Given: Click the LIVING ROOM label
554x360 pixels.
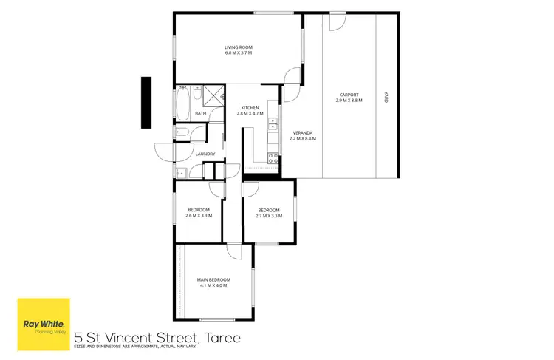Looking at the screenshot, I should coord(239,48).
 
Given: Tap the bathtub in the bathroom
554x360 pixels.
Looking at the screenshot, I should coord(182,103).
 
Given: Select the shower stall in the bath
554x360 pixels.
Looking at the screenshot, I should coord(215,96).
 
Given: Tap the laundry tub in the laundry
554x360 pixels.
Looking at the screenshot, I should coord(180,173).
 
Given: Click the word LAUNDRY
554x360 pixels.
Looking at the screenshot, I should coord(205,154).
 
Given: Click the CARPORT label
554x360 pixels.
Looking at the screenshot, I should coord(349,94).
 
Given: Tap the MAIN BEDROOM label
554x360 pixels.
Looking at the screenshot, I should coord(213,279).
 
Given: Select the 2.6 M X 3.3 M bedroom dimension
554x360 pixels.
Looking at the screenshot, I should coord(199,215).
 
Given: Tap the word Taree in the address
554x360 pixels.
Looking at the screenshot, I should coord(223,338).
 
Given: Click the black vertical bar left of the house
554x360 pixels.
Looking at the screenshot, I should coord(146,96).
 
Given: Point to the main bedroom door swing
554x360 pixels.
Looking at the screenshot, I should coord(235,251).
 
